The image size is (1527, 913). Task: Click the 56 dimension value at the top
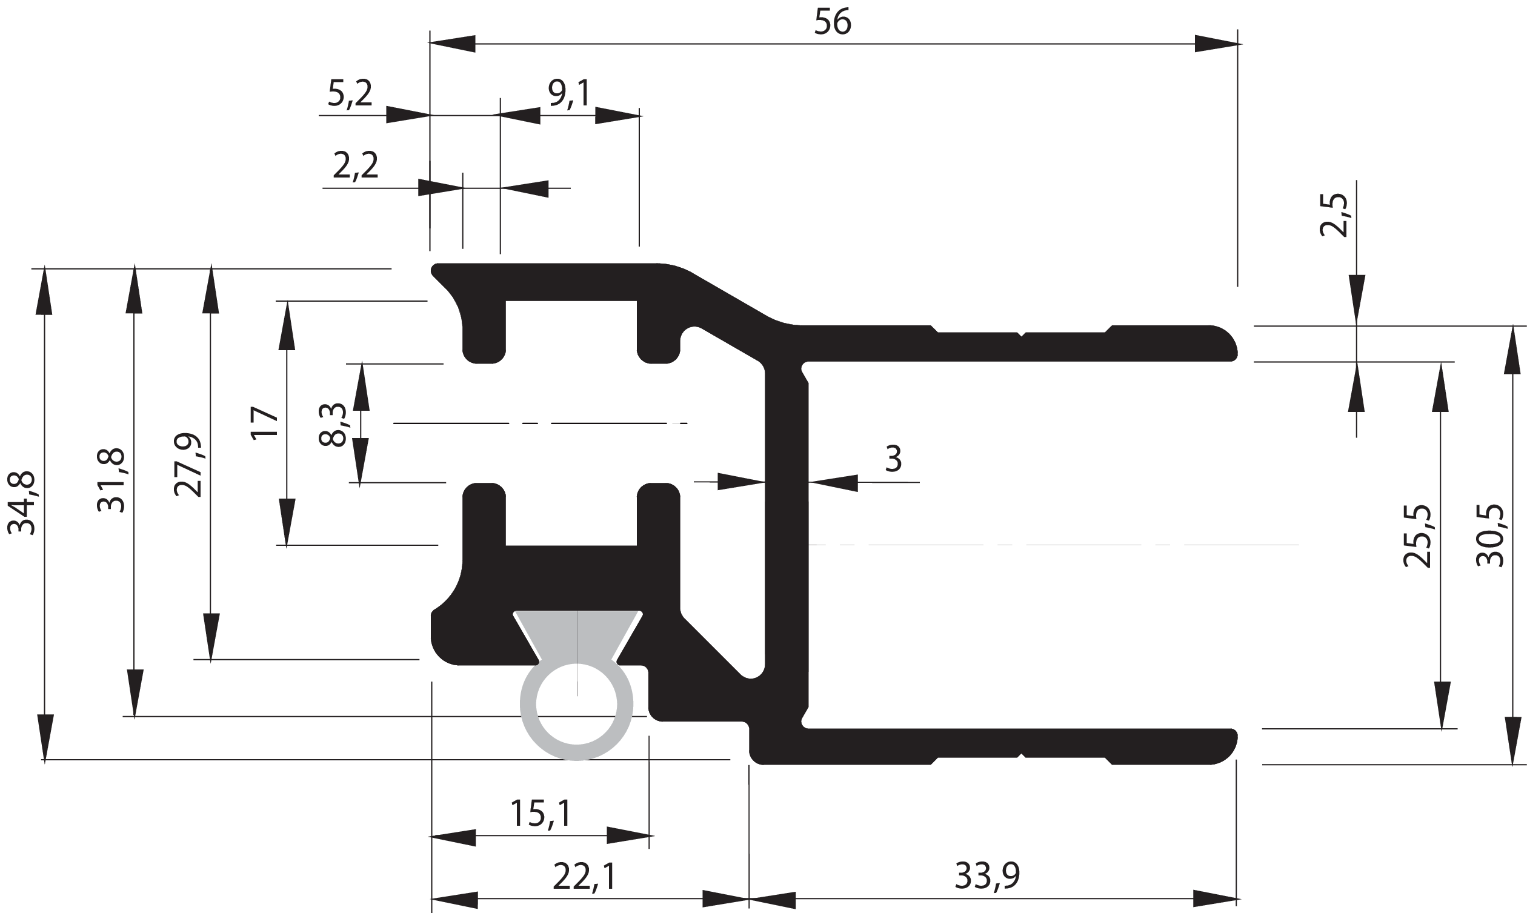click(833, 23)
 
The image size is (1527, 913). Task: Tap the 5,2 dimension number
click(350, 94)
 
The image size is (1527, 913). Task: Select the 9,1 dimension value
click(569, 94)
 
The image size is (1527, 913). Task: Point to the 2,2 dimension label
click(356, 165)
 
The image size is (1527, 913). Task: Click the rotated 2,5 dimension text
click(1334, 215)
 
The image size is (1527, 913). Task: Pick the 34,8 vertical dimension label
click(22, 503)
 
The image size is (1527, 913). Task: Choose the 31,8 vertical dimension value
click(111, 481)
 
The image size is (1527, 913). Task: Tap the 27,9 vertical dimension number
click(188, 465)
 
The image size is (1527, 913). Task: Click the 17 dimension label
click(266, 422)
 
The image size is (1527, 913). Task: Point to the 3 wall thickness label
click(893, 459)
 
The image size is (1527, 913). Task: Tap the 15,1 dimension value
click(541, 814)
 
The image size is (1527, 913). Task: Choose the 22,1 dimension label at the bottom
click(584, 877)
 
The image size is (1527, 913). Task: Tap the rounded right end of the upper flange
click(1221, 344)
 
